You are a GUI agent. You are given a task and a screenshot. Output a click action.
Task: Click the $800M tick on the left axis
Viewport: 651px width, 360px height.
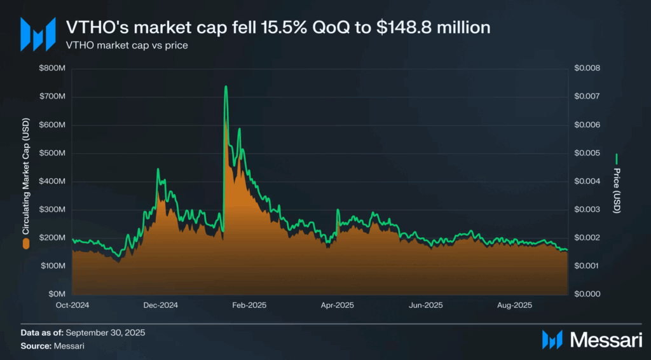click(52, 68)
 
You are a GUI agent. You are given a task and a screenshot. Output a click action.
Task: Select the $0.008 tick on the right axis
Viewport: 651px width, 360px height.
click(587, 68)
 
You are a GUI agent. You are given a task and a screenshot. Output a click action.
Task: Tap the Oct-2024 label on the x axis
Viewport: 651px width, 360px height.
click(72, 305)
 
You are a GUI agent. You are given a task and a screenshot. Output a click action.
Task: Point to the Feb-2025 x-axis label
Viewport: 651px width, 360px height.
click(249, 305)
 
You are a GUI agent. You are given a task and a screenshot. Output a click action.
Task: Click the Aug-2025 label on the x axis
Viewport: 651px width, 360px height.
click(514, 305)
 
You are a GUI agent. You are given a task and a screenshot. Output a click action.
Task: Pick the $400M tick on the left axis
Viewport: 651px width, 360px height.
click(52, 181)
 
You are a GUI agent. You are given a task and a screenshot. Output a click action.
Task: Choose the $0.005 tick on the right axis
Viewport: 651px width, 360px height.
click(587, 153)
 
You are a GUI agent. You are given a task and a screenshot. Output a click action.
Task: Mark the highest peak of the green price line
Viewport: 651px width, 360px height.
click(226, 87)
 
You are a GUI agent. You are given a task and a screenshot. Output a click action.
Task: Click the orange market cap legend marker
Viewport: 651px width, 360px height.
click(26, 244)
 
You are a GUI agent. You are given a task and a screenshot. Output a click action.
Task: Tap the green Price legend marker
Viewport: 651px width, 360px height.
click(617, 159)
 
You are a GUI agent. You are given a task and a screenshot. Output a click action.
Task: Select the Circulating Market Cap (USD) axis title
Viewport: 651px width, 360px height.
click(26, 177)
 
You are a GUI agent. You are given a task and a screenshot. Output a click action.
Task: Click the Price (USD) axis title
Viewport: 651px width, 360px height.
click(617, 191)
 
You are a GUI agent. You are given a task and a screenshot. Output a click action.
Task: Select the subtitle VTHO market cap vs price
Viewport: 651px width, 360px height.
click(127, 45)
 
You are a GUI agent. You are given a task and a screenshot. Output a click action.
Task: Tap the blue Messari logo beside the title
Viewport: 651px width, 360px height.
click(38, 34)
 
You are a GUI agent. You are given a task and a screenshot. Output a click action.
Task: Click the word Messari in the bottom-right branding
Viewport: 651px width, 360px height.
click(606, 340)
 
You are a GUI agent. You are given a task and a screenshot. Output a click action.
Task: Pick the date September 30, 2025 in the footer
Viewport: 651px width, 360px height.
click(106, 333)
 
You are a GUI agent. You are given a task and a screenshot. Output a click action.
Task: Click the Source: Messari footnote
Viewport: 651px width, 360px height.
click(52, 346)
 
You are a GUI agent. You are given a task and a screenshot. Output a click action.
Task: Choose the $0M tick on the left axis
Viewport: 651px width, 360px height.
click(57, 294)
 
